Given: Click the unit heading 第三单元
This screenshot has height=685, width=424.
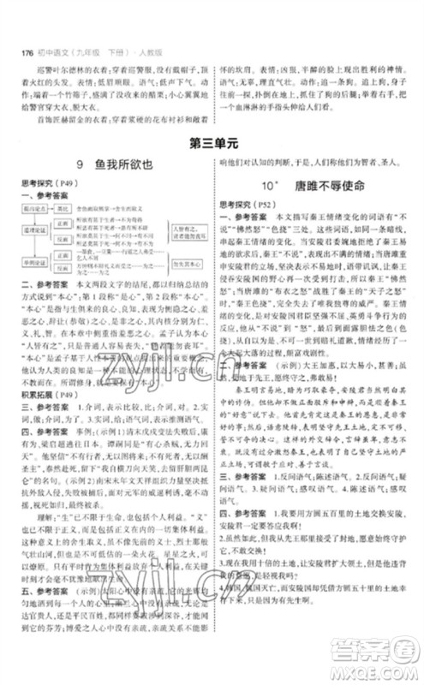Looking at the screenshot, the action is tap(212, 146).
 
